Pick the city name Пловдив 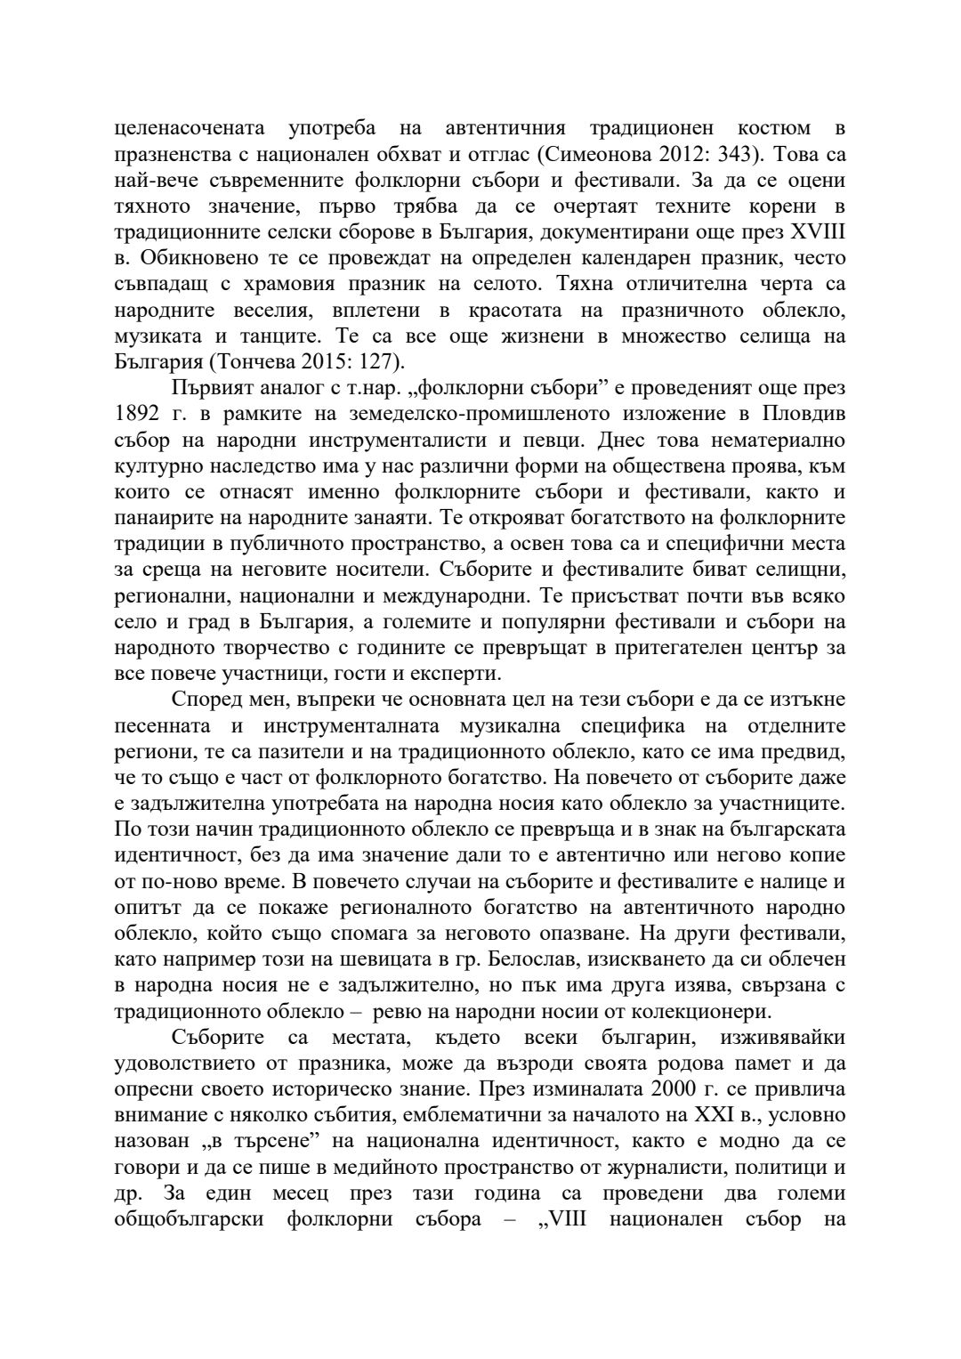pos(805,414)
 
